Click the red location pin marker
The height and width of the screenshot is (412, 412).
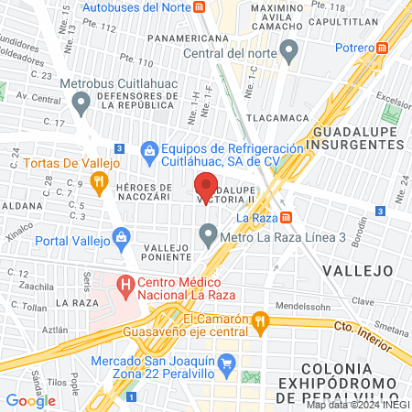(x=206, y=187)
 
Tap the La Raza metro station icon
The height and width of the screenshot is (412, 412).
(x=287, y=218)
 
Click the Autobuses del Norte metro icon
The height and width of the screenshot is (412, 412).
(x=200, y=7)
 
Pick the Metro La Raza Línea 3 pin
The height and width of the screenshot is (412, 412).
(x=210, y=239)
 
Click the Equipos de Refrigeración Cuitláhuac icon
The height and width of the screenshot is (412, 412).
(x=149, y=148)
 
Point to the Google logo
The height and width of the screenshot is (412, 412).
(x=30, y=400)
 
